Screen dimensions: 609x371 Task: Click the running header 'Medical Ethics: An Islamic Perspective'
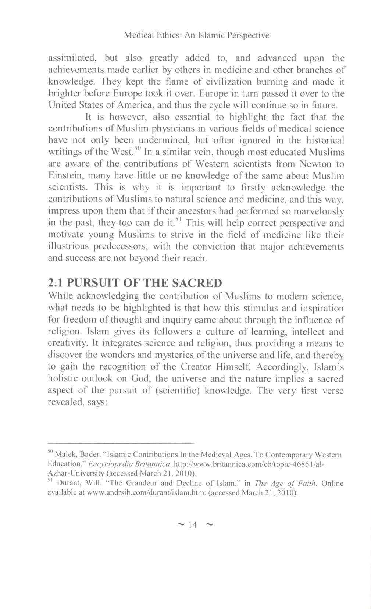tap(196, 35)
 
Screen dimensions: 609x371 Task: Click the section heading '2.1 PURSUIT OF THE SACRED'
tap(135, 283)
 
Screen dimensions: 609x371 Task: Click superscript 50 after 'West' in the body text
tap(137, 148)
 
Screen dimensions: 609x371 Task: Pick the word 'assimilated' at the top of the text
tap(72, 58)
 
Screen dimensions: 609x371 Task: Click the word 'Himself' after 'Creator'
tap(234, 367)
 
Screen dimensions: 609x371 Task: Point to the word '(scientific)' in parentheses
tap(178, 391)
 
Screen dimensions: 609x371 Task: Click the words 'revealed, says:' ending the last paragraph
tap(78, 402)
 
